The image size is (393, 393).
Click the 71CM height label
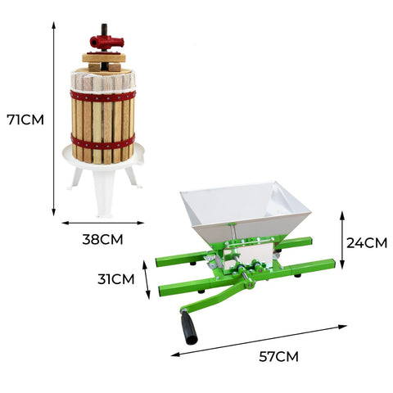(x=25, y=120)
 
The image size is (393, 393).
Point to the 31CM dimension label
(x=118, y=278)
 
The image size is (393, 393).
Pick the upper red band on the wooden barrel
(x=102, y=96)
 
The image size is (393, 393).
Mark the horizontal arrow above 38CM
(x=103, y=222)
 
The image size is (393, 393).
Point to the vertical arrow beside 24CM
(x=342, y=240)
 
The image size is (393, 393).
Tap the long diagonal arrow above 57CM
(x=258, y=341)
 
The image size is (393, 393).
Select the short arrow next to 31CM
(x=147, y=280)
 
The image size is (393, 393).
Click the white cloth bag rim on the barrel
(x=102, y=80)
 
